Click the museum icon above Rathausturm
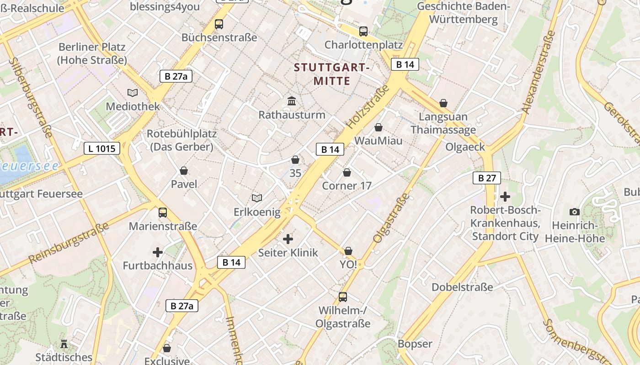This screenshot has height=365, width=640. (292, 101)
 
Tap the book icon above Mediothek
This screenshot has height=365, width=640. (133, 93)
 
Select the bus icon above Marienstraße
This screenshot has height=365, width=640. (162, 212)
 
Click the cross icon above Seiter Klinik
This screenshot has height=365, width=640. (288, 239)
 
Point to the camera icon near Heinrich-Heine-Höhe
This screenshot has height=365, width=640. (575, 212)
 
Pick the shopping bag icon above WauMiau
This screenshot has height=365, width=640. (379, 127)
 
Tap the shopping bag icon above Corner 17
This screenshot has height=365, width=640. (347, 172)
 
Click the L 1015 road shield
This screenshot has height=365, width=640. (102, 148)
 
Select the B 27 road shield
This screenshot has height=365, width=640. (487, 178)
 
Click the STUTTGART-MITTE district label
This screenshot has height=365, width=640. (331, 74)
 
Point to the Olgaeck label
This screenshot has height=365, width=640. (465, 147)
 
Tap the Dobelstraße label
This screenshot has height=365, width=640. (463, 287)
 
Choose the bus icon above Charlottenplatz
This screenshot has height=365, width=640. (363, 31)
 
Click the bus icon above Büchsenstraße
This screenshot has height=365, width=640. (219, 24)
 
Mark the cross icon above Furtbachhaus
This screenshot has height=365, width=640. (158, 252)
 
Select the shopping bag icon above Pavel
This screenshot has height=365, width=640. (184, 171)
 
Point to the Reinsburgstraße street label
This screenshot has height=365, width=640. (69, 243)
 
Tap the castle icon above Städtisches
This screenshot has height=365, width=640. (64, 344)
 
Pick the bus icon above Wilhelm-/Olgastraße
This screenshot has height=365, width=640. (343, 297)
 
